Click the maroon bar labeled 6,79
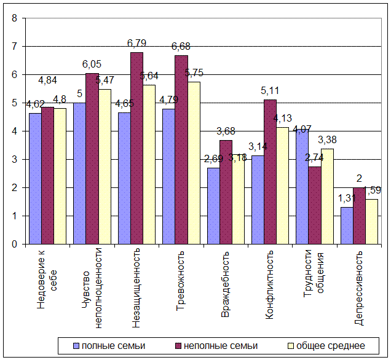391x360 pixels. [x=136, y=148]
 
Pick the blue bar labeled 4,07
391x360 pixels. [x=301, y=187]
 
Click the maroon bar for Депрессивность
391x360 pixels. [x=359, y=216]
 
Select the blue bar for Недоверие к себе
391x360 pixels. [x=34, y=179]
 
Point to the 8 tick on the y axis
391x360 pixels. [x=14, y=18]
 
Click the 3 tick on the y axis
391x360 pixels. [x=14, y=159]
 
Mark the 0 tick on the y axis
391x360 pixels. [x=14, y=244]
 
